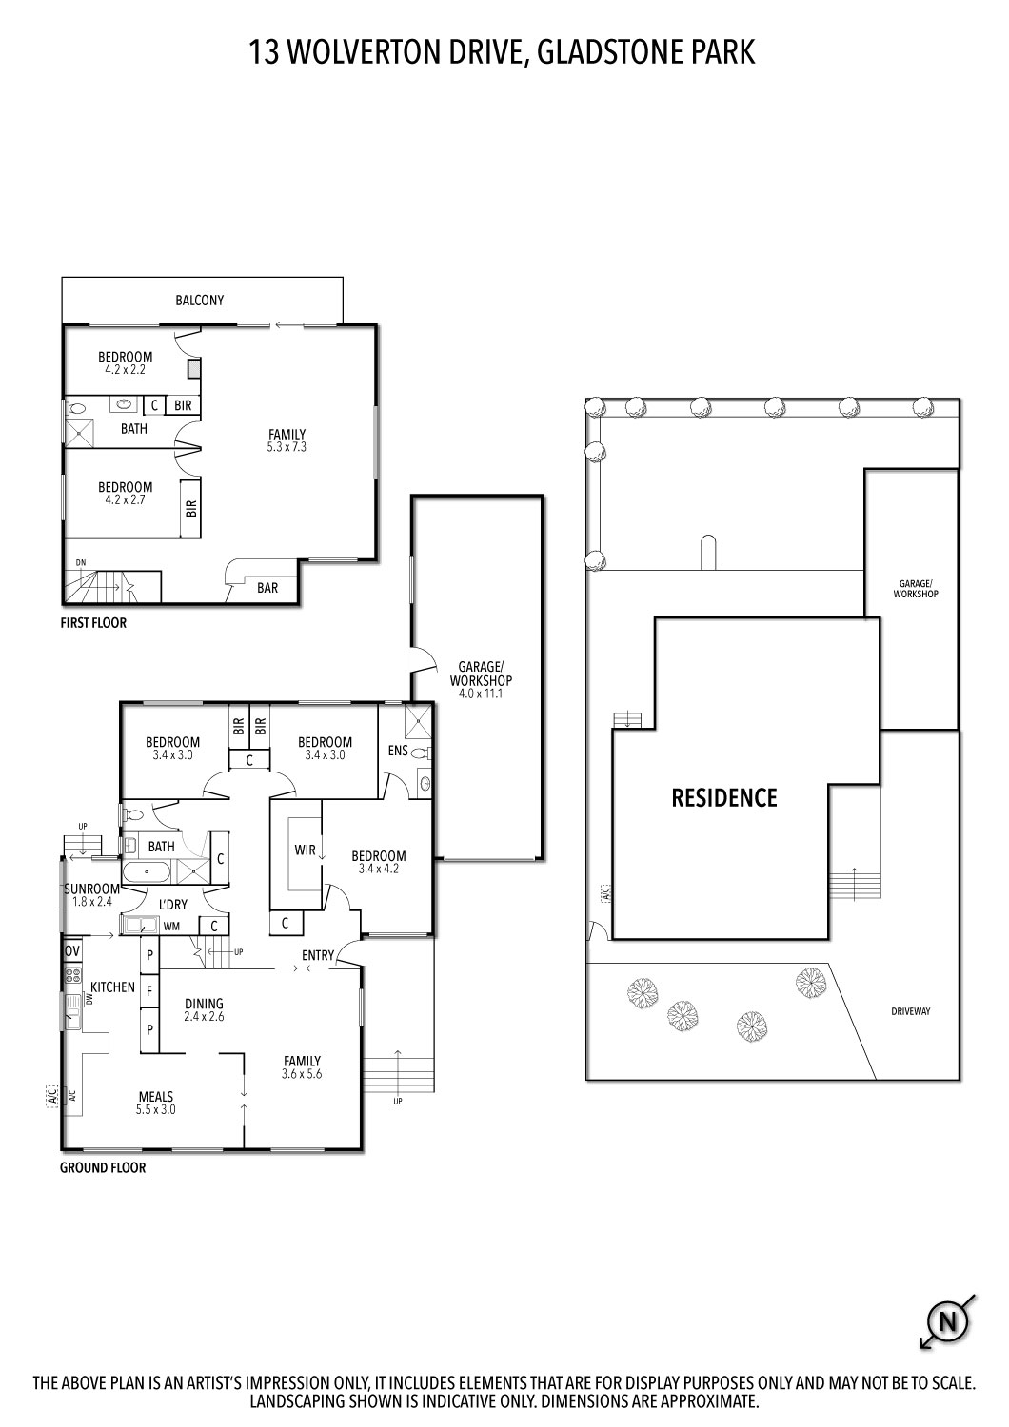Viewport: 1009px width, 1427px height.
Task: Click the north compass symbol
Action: pyautogui.click(x=947, y=1321)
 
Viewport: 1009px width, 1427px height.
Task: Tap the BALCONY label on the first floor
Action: pyautogui.click(x=200, y=301)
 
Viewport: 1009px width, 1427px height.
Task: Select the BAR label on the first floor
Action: pyautogui.click(x=267, y=588)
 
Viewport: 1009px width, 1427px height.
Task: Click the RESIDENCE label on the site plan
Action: pyautogui.click(x=724, y=798)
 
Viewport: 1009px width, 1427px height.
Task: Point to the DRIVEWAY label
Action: pyautogui.click(x=910, y=1011)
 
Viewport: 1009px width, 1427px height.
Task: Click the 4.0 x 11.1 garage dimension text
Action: pyautogui.click(x=481, y=694)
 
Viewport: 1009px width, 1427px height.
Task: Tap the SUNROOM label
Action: pyautogui.click(x=92, y=889)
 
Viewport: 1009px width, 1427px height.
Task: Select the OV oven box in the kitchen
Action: pyautogui.click(x=72, y=950)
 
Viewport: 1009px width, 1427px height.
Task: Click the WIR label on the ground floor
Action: pyautogui.click(x=305, y=850)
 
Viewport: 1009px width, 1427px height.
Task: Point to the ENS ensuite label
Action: pyautogui.click(x=398, y=751)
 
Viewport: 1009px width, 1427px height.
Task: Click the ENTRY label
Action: pyautogui.click(x=318, y=955)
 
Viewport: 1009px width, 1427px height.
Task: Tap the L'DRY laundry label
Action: pyautogui.click(x=173, y=905)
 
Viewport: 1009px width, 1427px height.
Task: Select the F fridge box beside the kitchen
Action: pyautogui.click(x=148, y=990)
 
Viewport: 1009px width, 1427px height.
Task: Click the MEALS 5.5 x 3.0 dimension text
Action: pyautogui.click(x=156, y=1109)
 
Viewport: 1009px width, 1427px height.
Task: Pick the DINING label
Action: pyautogui.click(x=204, y=1004)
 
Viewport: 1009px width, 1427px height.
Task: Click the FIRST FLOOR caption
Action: pyautogui.click(x=93, y=623)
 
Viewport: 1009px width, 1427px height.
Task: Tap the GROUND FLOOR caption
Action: pyautogui.click(x=103, y=1167)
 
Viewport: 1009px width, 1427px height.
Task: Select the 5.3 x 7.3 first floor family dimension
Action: pyautogui.click(x=287, y=447)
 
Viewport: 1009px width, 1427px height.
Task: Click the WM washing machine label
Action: pyautogui.click(x=171, y=926)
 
